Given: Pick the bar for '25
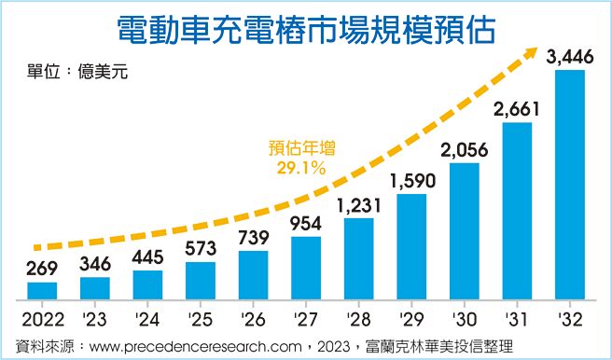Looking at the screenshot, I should [201, 281].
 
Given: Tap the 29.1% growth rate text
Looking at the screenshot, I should [300, 168].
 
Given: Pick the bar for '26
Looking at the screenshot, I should [253, 275].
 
